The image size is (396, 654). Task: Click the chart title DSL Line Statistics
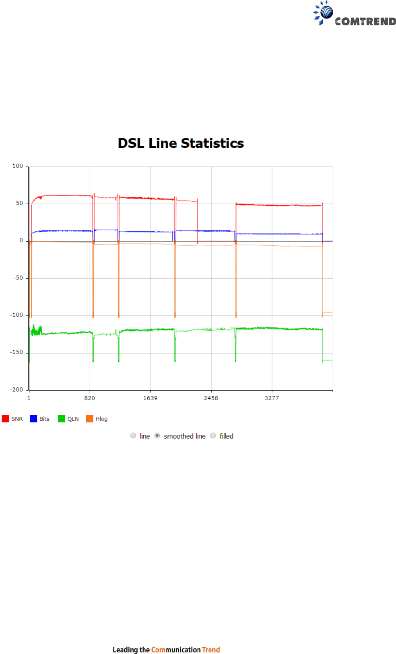[x=181, y=143]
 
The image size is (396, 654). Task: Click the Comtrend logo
[x=355, y=14]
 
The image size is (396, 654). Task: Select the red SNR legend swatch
[x=5, y=419]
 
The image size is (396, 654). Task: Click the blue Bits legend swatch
[x=33, y=419]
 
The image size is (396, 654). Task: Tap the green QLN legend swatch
[x=62, y=419]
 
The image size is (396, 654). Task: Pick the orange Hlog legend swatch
[x=90, y=419]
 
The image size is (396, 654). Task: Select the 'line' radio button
[x=133, y=436]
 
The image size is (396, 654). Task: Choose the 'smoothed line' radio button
[x=157, y=436]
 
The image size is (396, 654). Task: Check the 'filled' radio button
[x=213, y=436]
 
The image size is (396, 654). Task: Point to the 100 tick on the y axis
[x=18, y=166]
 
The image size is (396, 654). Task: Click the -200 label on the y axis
[x=16, y=390]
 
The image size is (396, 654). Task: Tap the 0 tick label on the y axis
[x=21, y=240]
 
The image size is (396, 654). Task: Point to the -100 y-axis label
[x=16, y=315]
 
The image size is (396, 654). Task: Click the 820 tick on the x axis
[x=89, y=398]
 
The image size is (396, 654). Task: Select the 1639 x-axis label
[x=150, y=398]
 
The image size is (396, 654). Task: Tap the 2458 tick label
[x=211, y=398]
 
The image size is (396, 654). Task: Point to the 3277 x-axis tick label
[x=272, y=398]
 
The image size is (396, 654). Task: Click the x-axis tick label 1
[x=29, y=398]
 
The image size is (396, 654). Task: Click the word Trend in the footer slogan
[x=211, y=650]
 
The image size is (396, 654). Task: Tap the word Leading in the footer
[x=125, y=650]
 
